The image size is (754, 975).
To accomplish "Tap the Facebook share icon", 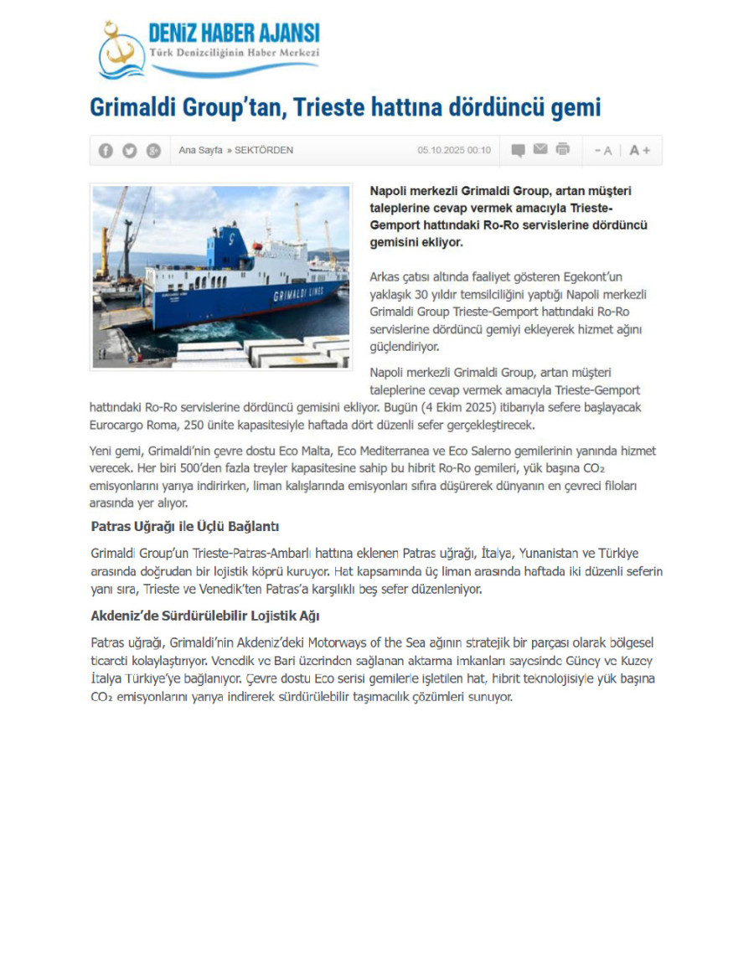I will click(x=106, y=151).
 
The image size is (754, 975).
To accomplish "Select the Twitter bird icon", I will click(x=129, y=151).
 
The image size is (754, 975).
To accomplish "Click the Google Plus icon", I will click(x=152, y=151).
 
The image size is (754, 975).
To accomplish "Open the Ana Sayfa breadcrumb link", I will click(x=200, y=151).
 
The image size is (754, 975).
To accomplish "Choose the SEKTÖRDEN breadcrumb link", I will click(x=264, y=151).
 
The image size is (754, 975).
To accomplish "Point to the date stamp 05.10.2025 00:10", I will click(x=454, y=151).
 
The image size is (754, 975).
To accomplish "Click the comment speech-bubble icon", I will click(x=519, y=151).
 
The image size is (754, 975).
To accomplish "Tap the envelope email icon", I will click(x=540, y=150).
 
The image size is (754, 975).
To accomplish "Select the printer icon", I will click(x=563, y=150).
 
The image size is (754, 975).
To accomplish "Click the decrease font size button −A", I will click(x=603, y=151).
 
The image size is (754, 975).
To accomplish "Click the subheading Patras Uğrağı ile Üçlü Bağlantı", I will click(x=184, y=527).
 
